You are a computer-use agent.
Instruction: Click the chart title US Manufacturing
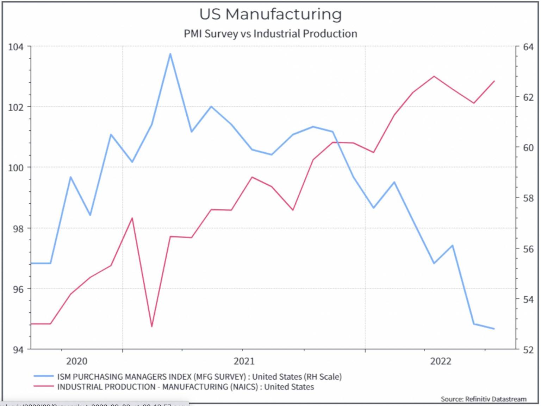(270, 14)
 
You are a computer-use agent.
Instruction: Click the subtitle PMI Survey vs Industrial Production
(270, 34)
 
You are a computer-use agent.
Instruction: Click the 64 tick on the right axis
(528, 47)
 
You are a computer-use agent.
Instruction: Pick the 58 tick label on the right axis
(528, 198)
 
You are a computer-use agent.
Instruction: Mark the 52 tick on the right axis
(528, 350)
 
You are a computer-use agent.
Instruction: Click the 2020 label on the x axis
(77, 361)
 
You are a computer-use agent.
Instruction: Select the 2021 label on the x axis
(244, 361)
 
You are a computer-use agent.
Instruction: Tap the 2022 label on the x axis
(441, 361)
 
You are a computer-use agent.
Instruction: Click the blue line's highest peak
(170, 54)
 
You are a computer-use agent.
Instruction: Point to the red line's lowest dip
(152, 326)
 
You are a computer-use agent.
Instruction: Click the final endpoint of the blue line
(494, 329)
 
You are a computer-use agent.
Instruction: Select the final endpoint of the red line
(494, 81)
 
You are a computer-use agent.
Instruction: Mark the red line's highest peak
(434, 76)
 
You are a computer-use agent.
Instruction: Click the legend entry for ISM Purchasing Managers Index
(199, 377)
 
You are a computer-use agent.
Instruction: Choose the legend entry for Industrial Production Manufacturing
(185, 387)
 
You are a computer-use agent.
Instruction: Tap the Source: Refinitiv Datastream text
(484, 399)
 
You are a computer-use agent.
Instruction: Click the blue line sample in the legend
(44, 376)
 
